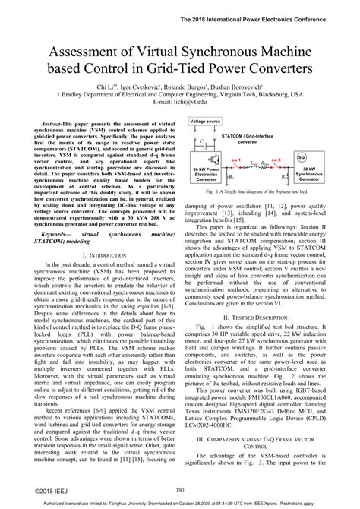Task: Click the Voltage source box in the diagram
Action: (x=206, y=121)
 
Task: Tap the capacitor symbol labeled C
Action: (x=204, y=142)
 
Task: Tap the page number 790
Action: (x=180, y=490)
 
